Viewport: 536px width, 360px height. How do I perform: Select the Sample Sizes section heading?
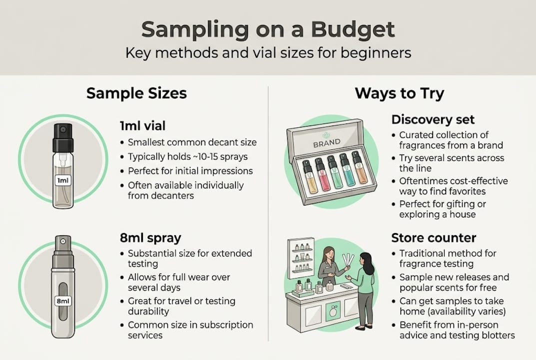(136, 93)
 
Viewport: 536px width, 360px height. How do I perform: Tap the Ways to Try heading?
(400, 93)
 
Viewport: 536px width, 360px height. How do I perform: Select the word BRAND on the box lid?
(327, 142)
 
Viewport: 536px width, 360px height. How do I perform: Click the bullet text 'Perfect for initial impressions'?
(190, 171)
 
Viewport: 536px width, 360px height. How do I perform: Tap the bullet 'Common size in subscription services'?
(190, 330)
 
